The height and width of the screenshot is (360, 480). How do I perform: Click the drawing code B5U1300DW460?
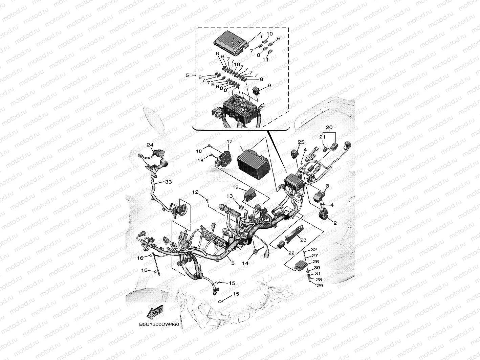[x=159, y=324]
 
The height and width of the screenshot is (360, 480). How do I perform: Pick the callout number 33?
[x=168, y=182]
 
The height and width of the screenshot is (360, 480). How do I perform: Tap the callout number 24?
[x=150, y=145]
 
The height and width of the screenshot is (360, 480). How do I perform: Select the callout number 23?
[x=303, y=240]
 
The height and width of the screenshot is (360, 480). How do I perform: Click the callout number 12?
[x=195, y=192]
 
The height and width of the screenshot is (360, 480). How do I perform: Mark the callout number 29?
[x=320, y=286]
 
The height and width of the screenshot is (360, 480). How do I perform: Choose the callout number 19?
[x=236, y=187]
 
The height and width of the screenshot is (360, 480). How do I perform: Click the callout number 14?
[x=245, y=263]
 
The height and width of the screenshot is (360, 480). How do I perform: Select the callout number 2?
[x=334, y=223]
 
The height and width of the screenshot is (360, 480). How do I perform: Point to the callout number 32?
[x=314, y=249]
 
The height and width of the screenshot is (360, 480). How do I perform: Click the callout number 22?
[x=291, y=252]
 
